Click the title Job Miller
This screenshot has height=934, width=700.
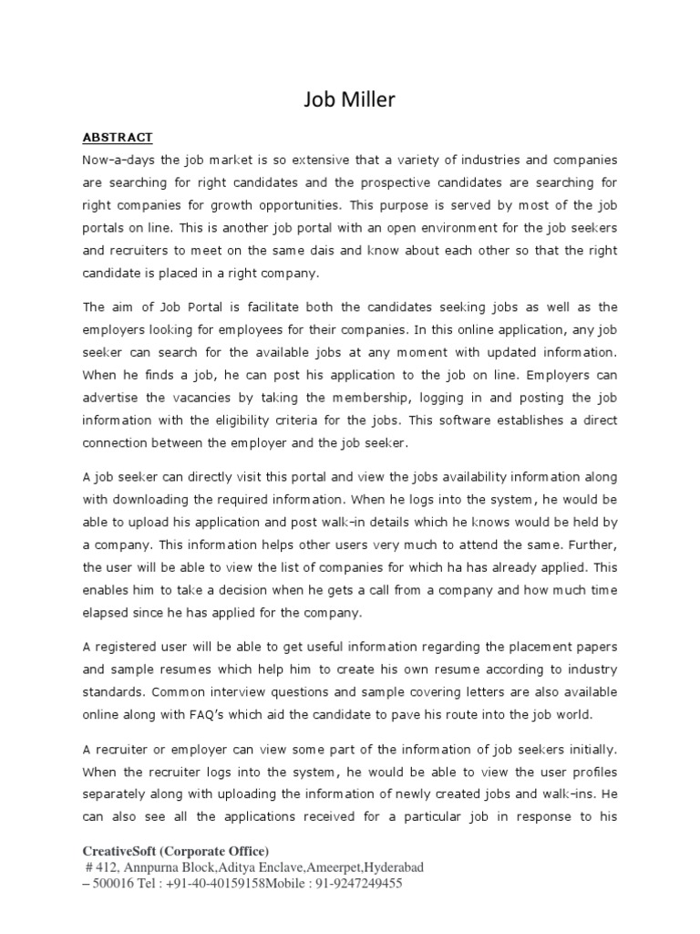[x=350, y=100]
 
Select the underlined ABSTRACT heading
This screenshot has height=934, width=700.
[x=118, y=138]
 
